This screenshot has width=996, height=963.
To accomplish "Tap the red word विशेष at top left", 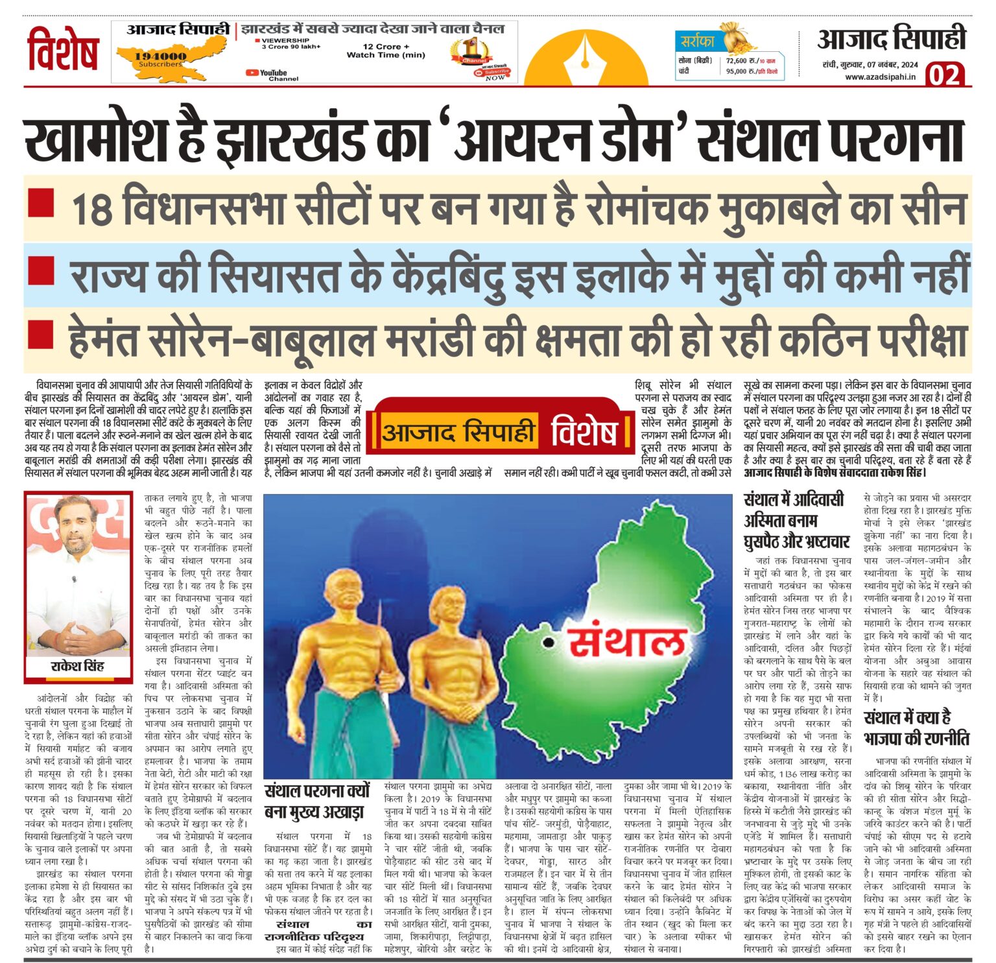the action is click(63, 49).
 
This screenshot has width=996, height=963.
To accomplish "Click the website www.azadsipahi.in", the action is click(880, 77).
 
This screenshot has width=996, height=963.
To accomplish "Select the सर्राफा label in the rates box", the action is click(697, 42).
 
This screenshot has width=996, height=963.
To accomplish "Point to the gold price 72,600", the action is click(740, 60).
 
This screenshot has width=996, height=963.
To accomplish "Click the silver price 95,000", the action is click(740, 71).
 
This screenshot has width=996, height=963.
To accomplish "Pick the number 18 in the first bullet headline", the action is click(91, 209).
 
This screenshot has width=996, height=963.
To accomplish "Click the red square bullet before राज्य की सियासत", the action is click(41, 268).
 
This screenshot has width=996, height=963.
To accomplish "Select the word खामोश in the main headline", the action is click(106, 139).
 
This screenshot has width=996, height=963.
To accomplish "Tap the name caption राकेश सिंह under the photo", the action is click(77, 666).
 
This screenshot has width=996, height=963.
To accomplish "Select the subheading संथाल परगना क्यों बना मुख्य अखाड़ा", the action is click(317, 801).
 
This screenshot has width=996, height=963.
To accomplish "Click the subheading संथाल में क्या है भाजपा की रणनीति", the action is click(916, 728).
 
